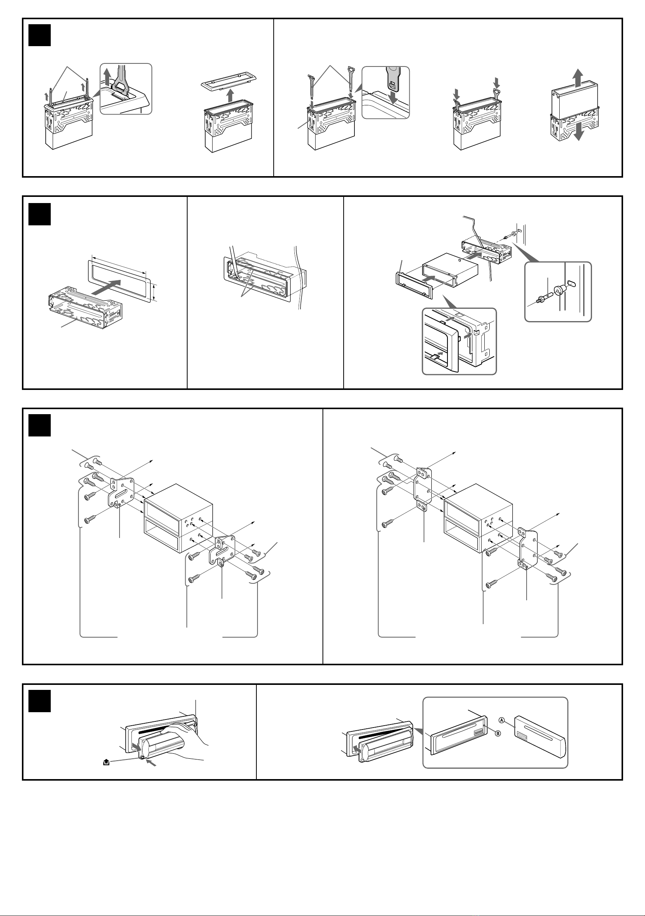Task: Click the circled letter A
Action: coord(502,720)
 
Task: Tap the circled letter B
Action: coord(498,733)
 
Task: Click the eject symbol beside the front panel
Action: coord(106,762)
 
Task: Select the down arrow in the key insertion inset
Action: coord(394,97)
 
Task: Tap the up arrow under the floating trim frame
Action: coord(229,95)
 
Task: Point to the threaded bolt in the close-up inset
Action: coord(544,298)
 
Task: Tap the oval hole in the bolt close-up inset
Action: coord(571,283)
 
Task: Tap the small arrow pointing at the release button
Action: coord(151,763)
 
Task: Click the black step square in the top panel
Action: coord(40,35)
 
